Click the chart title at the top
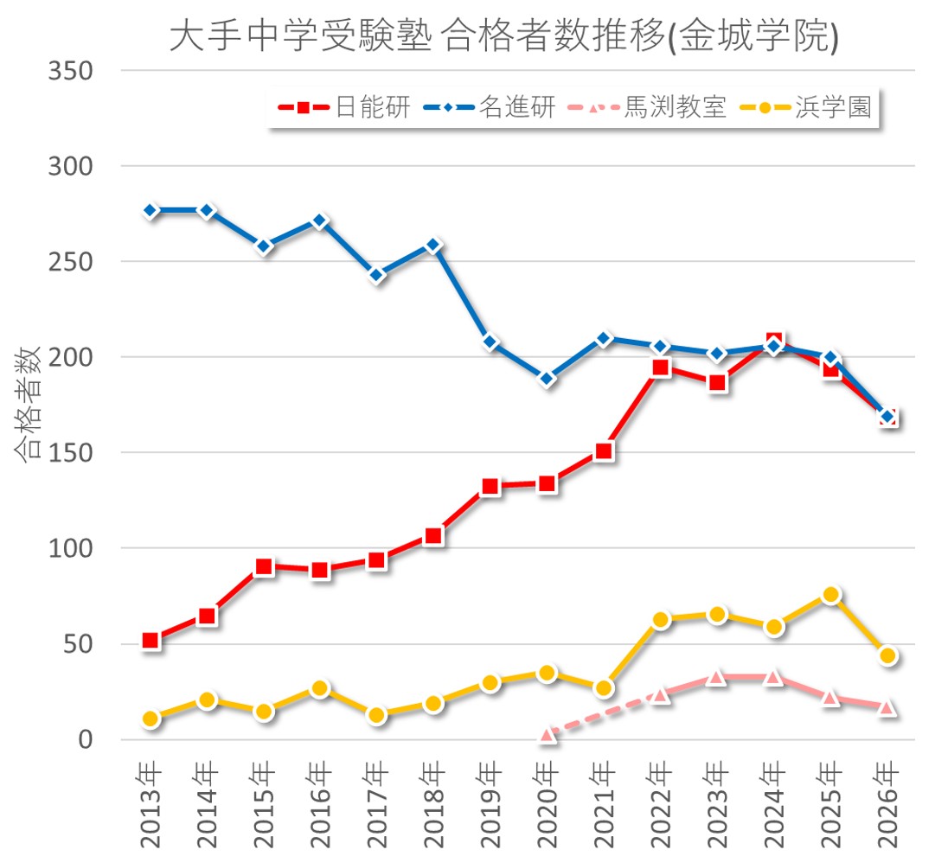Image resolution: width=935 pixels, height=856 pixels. pos(503,37)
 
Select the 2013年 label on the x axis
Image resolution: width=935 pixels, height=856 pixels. pos(151,804)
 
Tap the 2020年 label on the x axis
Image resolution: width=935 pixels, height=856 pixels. pos(547,804)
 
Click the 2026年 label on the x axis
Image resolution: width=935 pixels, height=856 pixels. pos(887,804)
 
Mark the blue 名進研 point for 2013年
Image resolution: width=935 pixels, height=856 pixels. pos(151,211)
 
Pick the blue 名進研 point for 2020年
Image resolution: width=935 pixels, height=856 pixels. pos(547,379)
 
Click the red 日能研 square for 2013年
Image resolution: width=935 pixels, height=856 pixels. pos(151,641)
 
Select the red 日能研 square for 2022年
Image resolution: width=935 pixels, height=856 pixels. pos(661,367)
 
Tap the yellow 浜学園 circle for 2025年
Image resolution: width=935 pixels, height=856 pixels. pos(830,595)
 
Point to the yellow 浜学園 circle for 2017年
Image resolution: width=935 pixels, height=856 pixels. pos(377,715)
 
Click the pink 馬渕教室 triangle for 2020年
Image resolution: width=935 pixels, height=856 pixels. pos(547,735)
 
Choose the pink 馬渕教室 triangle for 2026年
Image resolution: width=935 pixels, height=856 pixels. pos(887,707)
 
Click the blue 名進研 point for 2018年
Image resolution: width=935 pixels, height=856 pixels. pos(434,246)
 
